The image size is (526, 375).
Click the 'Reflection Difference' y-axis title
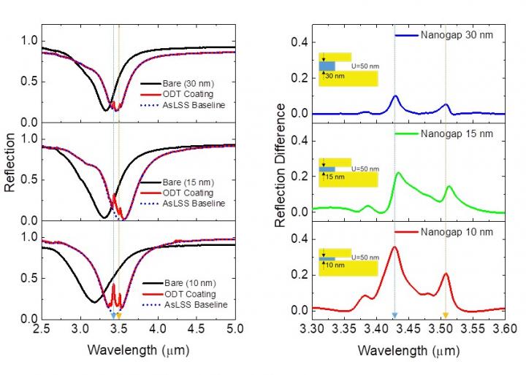point(280,165)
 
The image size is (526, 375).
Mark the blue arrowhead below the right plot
point(394,315)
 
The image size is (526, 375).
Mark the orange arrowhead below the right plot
point(445,315)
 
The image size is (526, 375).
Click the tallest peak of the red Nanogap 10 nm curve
point(394,247)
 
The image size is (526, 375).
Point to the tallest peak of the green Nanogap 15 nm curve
point(398,173)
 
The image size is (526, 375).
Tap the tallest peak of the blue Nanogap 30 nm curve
point(395,96)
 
